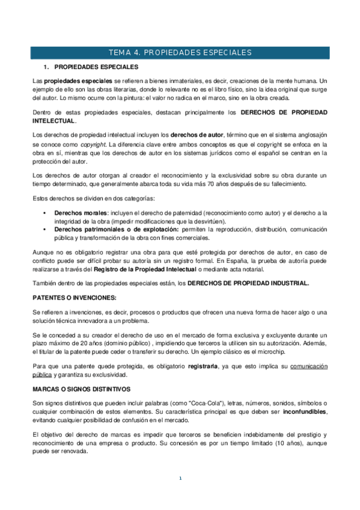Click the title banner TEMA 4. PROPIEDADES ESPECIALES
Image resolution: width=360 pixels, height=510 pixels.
[180, 53]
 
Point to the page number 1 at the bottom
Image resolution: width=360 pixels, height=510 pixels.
[180, 478]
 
